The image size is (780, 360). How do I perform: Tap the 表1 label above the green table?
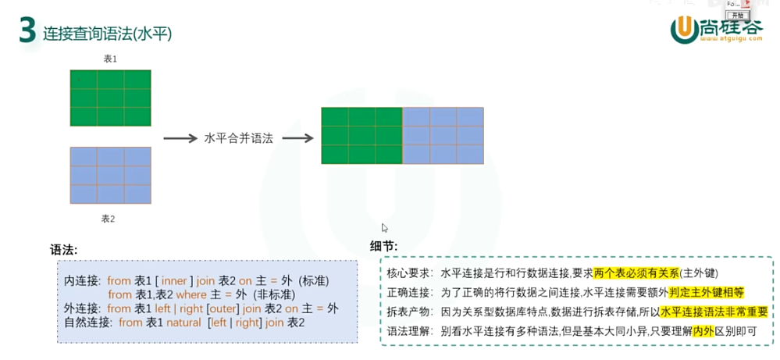click(110, 59)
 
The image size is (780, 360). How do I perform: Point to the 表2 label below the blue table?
click(109, 219)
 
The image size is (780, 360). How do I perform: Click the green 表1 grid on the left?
click(110, 98)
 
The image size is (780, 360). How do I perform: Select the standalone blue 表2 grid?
click(110, 175)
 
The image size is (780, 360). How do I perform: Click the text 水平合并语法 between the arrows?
click(238, 137)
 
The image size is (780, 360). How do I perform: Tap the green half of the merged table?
click(362, 135)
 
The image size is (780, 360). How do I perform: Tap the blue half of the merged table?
click(443, 135)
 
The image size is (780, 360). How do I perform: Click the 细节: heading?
click(383, 246)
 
